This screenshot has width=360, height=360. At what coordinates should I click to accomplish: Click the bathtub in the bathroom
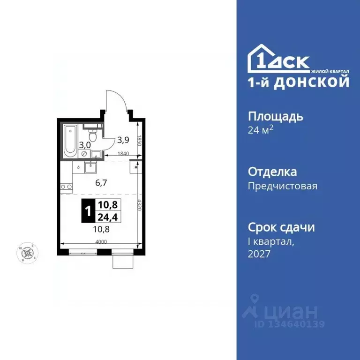pyautogui.click(x=70, y=140)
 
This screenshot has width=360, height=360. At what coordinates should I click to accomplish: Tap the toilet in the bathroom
pyautogui.click(x=93, y=135)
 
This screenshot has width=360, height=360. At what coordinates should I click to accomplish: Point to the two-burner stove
pyautogui.click(x=66, y=187)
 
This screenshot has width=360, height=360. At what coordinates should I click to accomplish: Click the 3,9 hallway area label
pyautogui.click(x=123, y=139)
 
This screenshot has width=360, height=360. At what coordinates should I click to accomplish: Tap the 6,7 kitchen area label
pyautogui.click(x=101, y=183)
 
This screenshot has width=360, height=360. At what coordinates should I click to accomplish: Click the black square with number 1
pyautogui.click(x=88, y=212)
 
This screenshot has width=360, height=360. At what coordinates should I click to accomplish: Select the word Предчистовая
pyautogui.click(x=282, y=186)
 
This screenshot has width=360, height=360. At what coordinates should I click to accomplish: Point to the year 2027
pyautogui.click(x=259, y=254)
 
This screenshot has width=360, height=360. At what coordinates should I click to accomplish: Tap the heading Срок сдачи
pyautogui.click(x=281, y=227)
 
